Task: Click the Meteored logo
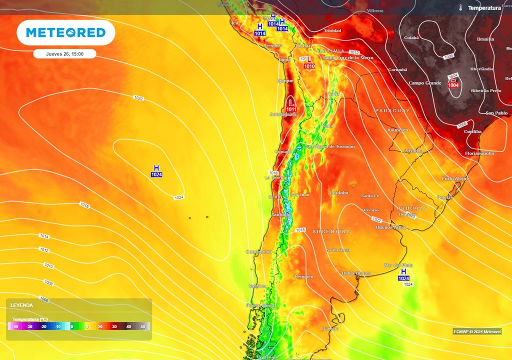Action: pyautogui.click(x=66, y=33)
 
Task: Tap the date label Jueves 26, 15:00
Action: pyautogui.click(x=65, y=54)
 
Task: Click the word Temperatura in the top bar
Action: pyautogui.click(x=484, y=8)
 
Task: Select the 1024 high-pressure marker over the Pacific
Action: pyautogui.click(x=156, y=171)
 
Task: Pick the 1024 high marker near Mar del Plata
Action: pyautogui.click(x=403, y=274)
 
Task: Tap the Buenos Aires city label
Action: pyautogui.click(x=390, y=227)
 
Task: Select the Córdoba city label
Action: pyautogui.click(x=338, y=193)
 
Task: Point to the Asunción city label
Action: pyautogui.click(x=397, y=130)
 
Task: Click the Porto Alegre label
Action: pyautogui.click(x=455, y=178)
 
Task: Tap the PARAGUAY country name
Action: pyautogui.click(x=392, y=110)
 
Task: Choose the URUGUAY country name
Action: pyautogui.click(x=412, y=207)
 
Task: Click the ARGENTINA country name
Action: pyautogui.click(x=331, y=232)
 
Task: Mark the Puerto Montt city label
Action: pyautogui.click(x=260, y=305)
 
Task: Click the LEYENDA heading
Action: pyautogui.click(x=21, y=305)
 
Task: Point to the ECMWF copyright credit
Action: pyautogui.click(x=476, y=331)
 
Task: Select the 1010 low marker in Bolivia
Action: pyautogui.click(x=309, y=63)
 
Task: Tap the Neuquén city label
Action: pyautogui.click(x=304, y=276)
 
